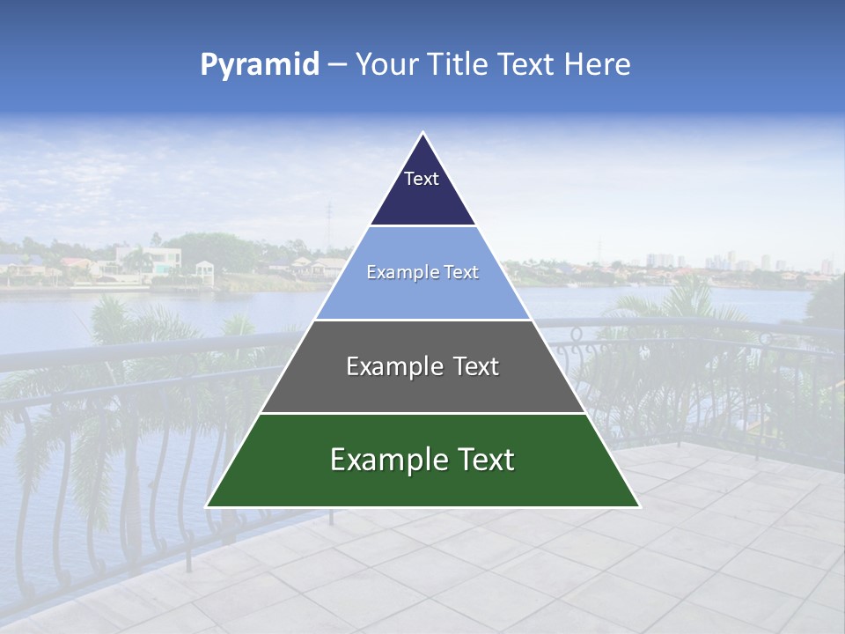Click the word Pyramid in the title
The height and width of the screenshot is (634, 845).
tap(260, 65)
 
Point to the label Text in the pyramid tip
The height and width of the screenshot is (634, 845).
tap(422, 179)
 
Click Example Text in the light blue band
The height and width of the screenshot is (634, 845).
tap(422, 272)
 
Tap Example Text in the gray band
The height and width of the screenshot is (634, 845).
tap(422, 366)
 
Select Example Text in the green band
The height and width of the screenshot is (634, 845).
tap(422, 460)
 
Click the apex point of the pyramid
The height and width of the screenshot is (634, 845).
tap(422, 134)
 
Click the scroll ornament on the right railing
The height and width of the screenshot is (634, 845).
tap(577, 335)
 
